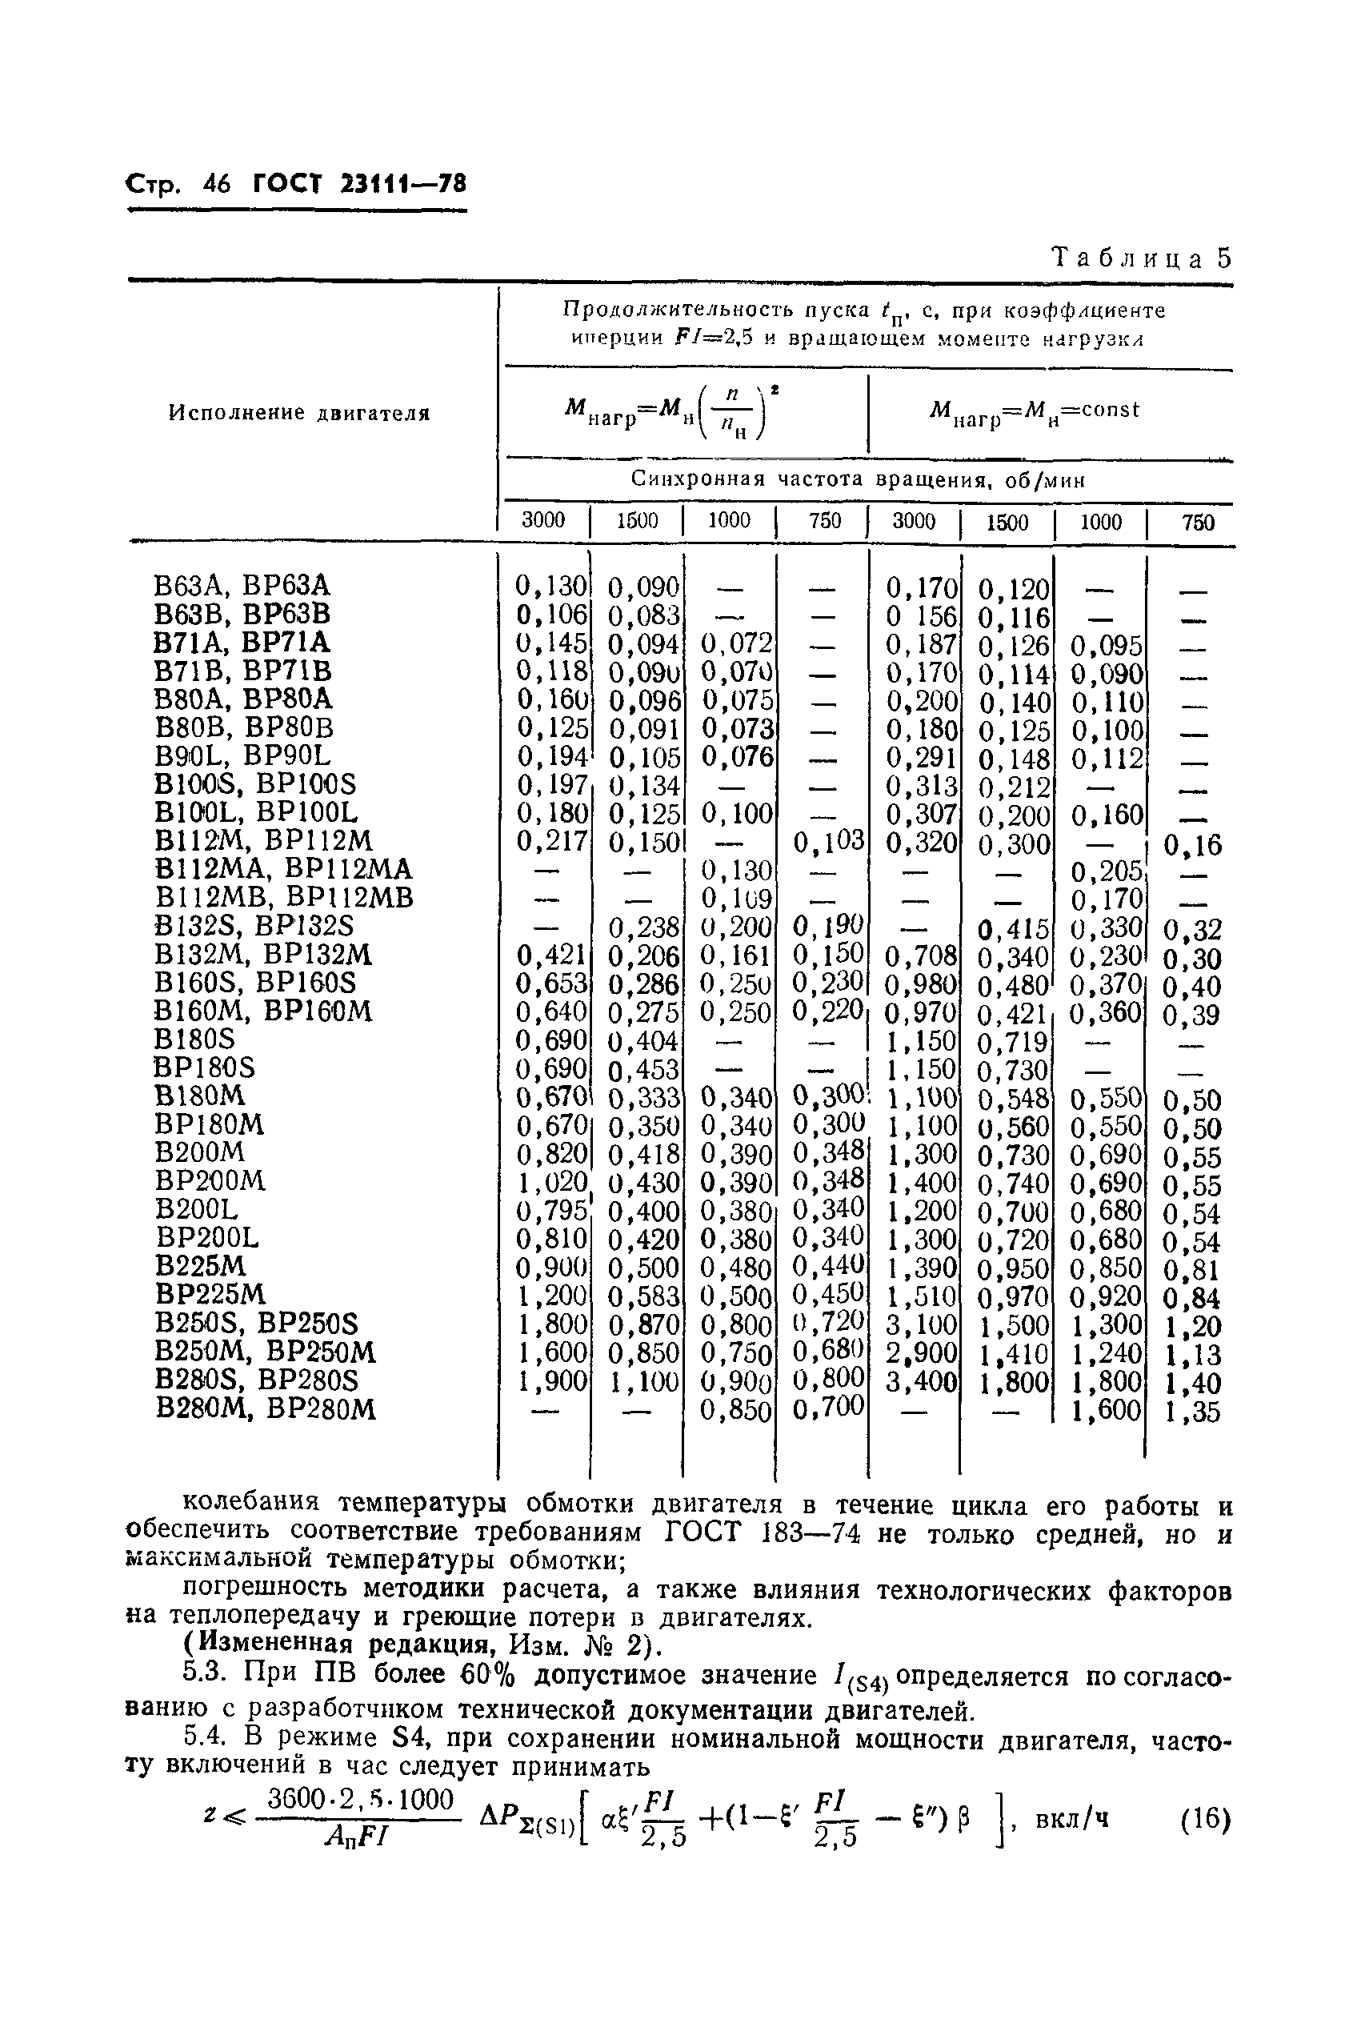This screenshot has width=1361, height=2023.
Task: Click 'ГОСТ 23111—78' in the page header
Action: pyautogui.click(x=359, y=184)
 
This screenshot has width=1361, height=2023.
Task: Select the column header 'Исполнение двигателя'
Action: pyautogui.click(x=299, y=413)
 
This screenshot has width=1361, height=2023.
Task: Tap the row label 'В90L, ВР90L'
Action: pyautogui.click(x=242, y=755)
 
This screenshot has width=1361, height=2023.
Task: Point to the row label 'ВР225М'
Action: pyautogui.click(x=210, y=1294)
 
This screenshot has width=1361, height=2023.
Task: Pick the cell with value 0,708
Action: pyautogui.click(x=920, y=956)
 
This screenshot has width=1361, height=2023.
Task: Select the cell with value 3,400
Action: pyautogui.click(x=920, y=1380)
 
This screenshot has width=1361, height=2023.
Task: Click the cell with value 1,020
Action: pyautogui.click(x=551, y=1183)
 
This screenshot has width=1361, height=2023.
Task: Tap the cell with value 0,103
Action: pyautogui.click(x=829, y=840)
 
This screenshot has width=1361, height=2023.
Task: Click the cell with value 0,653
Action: pyautogui.click(x=551, y=983)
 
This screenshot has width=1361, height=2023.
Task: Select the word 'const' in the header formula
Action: pyautogui.click(x=1110, y=409)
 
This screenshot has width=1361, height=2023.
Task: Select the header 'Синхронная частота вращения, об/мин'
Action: pyautogui.click(x=858, y=479)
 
